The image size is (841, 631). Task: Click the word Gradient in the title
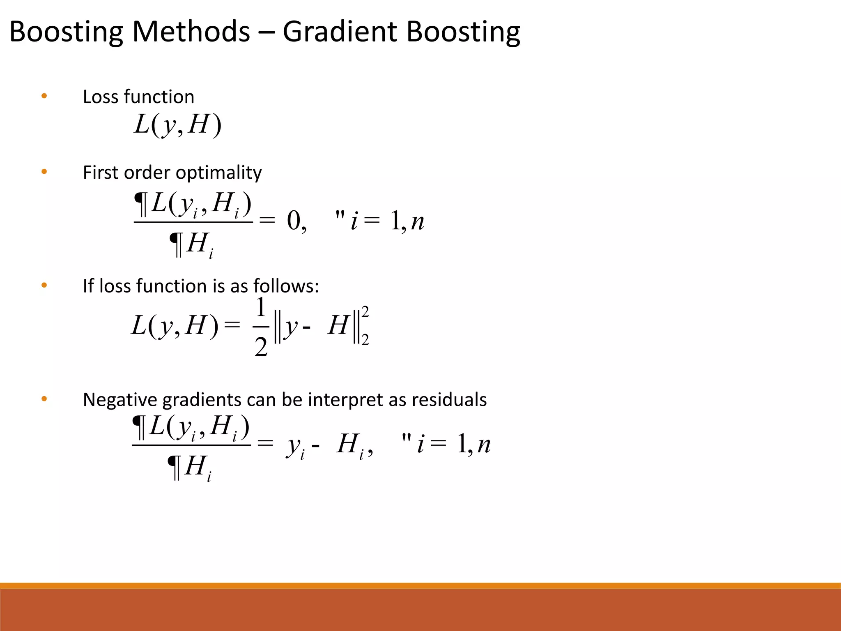[x=340, y=32]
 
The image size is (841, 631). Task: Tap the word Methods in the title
[x=191, y=32]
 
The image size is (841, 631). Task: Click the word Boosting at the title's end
[x=463, y=32]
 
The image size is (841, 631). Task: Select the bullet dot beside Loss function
[x=44, y=97]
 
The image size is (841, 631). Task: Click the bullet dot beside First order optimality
[x=44, y=172]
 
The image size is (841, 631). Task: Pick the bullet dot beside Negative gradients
[x=44, y=399]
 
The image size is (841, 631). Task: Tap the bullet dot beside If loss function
[x=44, y=286]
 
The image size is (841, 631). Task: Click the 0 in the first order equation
[x=294, y=221]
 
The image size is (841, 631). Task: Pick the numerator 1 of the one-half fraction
[x=261, y=308]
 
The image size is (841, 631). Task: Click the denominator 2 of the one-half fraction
[x=261, y=348]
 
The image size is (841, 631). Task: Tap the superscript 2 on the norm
[x=365, y=311]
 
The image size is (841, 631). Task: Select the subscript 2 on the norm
[x=365, y=340]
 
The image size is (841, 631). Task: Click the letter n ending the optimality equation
[x=417, y=222]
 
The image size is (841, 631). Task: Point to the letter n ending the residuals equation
[x=484, y=444]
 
